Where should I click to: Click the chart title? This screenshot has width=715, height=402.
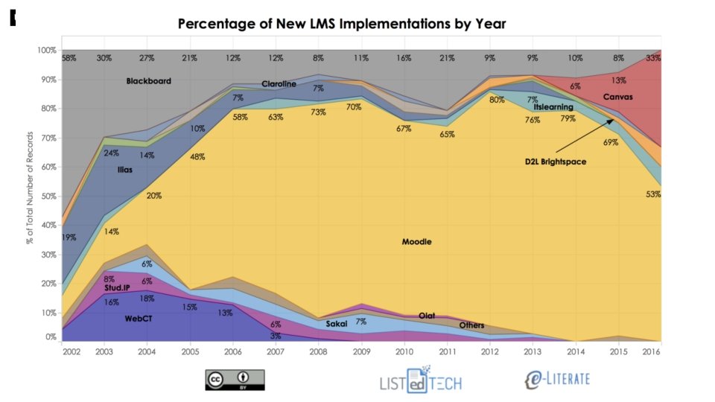tap(342, 24)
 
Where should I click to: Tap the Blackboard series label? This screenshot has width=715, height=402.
tap(148, 80)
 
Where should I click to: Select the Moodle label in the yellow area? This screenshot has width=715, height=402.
tap(416, 242)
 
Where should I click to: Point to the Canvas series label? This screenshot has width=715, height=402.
tap(617, 98)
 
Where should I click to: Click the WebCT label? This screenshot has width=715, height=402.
tap(139, 318)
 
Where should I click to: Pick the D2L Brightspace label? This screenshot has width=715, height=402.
tap(555, 161)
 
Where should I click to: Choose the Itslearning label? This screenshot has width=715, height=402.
tap(553, 107)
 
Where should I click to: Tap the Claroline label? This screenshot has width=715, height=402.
tap(279, 84)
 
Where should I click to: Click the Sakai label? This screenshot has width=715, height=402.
tap(337, 324)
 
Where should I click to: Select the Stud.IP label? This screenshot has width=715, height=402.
tap(118, 287)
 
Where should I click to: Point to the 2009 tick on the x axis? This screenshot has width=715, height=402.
tap(361, 350)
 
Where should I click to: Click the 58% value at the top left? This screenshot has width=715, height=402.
tap(69, 58)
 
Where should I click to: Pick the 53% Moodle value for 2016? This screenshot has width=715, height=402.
tap(653, 194)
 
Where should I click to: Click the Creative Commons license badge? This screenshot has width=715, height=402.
tap(235, 380)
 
